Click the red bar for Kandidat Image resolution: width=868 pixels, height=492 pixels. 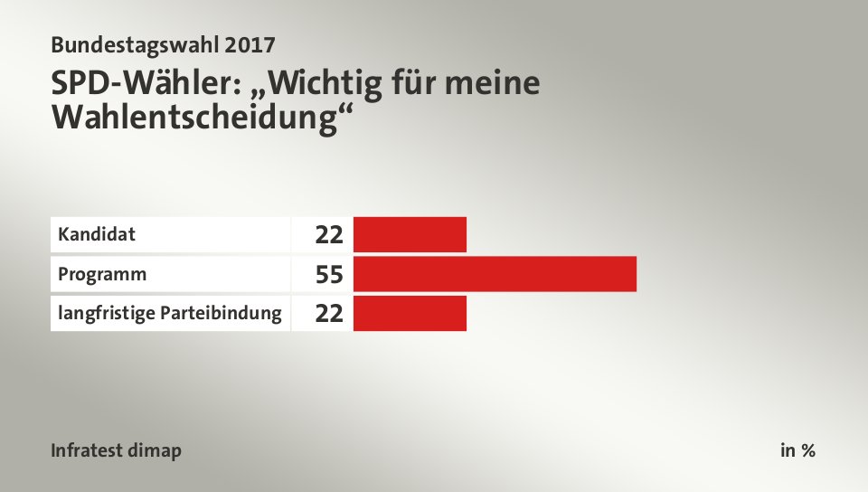[410, 234]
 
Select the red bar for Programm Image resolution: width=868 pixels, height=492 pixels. [495, 274]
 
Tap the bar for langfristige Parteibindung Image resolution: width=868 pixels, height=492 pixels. [410, 313]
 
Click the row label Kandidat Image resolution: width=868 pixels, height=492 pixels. [97, 235]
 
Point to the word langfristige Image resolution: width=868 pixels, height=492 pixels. [99, 315]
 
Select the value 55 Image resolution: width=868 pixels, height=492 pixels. [329, 275]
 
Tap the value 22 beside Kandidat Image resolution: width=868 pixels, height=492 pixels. [329, 235]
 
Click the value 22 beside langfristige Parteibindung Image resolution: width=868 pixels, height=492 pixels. [329, 314]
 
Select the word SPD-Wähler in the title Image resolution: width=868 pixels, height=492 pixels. [144, 84]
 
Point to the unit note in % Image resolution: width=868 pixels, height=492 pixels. [797, 450]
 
